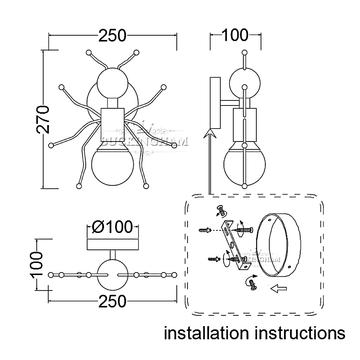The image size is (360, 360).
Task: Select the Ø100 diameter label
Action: click(112, 227)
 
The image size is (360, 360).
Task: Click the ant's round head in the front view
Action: click(112, 82)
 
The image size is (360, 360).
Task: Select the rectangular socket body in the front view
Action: click(112, 122)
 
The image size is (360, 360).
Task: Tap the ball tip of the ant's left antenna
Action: click(89, 53)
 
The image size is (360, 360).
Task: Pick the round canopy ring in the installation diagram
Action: click(279, 245)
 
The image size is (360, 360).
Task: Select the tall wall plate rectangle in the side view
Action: click(215, 102)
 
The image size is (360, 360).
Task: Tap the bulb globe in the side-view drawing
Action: click(244, 164)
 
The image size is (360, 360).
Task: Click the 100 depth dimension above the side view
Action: click(235, 35)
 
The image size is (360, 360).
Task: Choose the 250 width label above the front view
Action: click(112, 35)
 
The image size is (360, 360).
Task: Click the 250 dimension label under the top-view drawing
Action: click(112, 301)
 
